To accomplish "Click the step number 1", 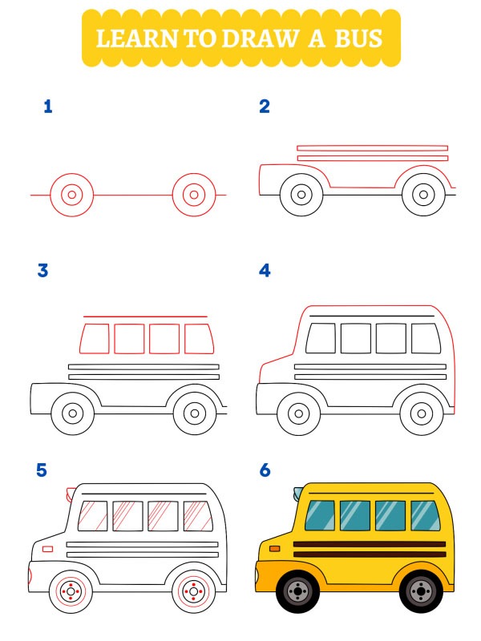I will [x=48, y=107].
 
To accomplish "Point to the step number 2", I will [x=265, y=107].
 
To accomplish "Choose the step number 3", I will [x=42, y=271].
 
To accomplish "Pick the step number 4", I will [x=265, y=271].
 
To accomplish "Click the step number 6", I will [x=265, y=470].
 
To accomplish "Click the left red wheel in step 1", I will [x=71, y=195].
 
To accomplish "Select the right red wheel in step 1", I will [x=194, y=195].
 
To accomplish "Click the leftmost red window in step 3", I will [x=95, y=338].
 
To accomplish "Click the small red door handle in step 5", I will [x=47, y=549].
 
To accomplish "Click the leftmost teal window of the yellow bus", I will [x=320, y=515].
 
